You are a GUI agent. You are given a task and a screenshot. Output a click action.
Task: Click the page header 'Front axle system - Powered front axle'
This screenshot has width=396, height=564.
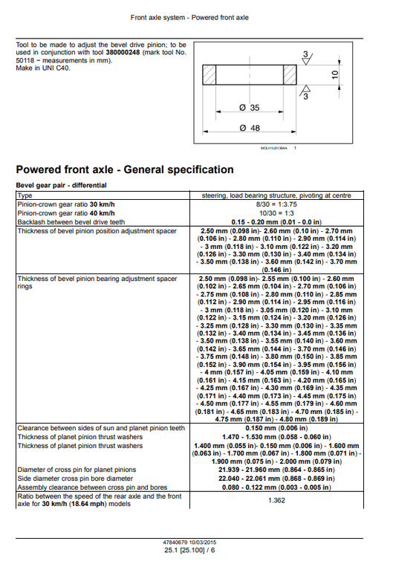tap(198, 17)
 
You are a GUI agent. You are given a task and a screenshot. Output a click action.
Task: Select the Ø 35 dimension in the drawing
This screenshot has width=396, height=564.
tap(250, 108)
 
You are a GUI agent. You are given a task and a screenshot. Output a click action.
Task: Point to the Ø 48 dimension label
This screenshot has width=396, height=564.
tap(250, 129)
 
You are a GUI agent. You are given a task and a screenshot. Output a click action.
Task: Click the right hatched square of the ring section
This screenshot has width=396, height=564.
tap(290, 76)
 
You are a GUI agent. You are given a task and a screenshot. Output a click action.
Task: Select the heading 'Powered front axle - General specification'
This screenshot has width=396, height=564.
tap(125, 169)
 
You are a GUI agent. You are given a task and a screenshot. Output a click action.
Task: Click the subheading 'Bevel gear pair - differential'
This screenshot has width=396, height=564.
tap(61, 185)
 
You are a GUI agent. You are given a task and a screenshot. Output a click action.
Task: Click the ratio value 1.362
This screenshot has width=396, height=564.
tap(276, 500)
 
